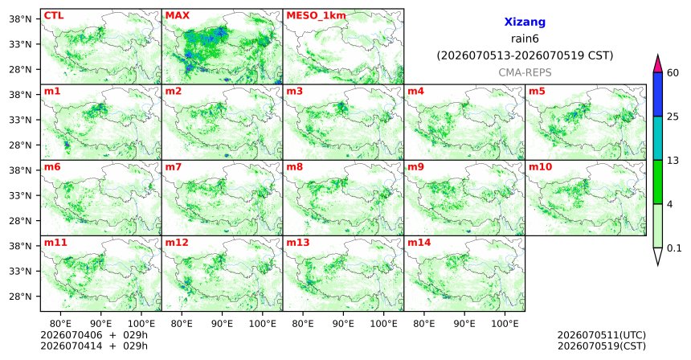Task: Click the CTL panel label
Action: pyautogui.click(x=54, y=16)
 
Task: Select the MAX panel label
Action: pyautogui.click(x=177, y=16)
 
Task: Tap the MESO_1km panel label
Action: pyautogui.click(x=316, y=16)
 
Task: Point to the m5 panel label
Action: pyautogui.click(x=537, y=92)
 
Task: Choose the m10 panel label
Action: pyautogui.click(x=540, y=167)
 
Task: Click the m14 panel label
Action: pyautogui.click(x=419, y=243)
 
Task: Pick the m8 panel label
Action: pyautogui.click(x=294, y=167)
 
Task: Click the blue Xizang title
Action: pyautogui.click(x=525, y=22)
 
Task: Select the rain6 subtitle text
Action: pyautogui.click(x=525, y=39)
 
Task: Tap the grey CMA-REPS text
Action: pyautogui.click(x=525, y=72)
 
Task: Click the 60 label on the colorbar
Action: pyautogui.click(x=673, y=73)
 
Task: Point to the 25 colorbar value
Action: pyautogui.click(x=673, y=117)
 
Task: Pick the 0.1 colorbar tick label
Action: pyautogui.click(x=674, y=248)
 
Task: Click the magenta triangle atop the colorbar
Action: pyautogui.click(x=658, y=64)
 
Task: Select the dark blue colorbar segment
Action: pyautogui.click(x=658, y=94)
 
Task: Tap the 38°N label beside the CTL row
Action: pyautogui.click(x=20, y=19)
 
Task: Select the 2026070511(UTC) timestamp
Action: pyautogui.click(x=602, y=336)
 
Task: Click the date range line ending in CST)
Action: pyautogui.click(x=525, y=56)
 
